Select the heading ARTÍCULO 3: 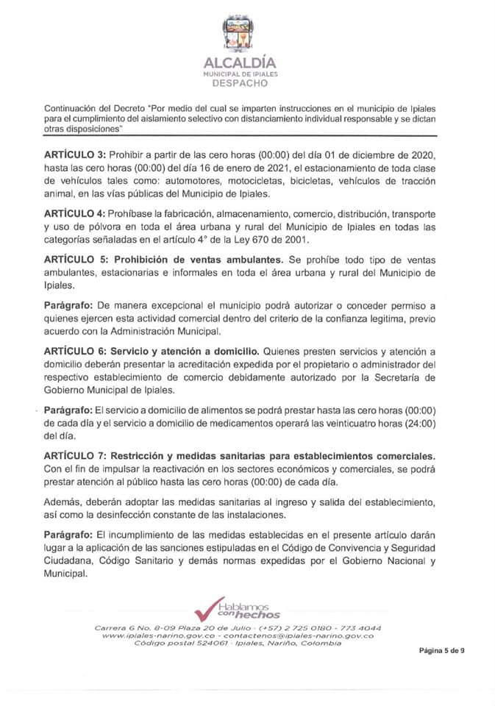[75, 157]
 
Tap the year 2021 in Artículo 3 [261, 170]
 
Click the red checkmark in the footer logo [210, 610]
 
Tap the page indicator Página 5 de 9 [442, 650]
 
